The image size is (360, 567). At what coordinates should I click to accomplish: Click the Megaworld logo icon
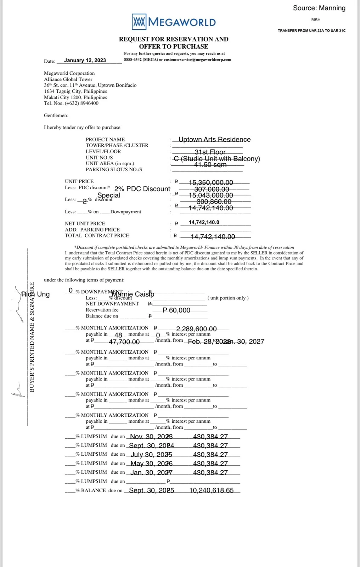coord(139,22)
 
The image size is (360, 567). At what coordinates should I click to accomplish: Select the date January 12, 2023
coord(85,60)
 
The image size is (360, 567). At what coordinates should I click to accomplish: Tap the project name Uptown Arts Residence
coord(214,139)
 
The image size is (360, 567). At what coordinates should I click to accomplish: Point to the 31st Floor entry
coord(210,152)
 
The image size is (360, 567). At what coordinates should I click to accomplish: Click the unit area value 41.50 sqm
coord(210,165)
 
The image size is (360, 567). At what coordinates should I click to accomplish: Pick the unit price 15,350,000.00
coord(211,183)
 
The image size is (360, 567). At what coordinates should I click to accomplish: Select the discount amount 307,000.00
coord(212,189)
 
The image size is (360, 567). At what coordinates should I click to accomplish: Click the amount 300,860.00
coord(214,202)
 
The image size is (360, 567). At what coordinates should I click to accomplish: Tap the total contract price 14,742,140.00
coord(213,237)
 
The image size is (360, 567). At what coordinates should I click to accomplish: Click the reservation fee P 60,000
coord(176,310)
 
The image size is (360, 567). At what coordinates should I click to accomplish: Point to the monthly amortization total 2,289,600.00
coord(196,329)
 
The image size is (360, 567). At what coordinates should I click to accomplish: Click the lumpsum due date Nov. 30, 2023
coord(151,437)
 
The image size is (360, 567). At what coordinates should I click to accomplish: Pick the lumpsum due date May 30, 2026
coord(151,464)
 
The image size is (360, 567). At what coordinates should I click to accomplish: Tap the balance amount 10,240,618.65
coord(212,490)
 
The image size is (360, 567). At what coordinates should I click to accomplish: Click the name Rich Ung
coord(35,294)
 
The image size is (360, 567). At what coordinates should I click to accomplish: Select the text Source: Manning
coord(319,8)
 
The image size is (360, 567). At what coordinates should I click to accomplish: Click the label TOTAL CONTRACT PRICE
coord(97,235)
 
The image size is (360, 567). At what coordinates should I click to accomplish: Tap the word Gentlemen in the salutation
coord(56,115)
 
